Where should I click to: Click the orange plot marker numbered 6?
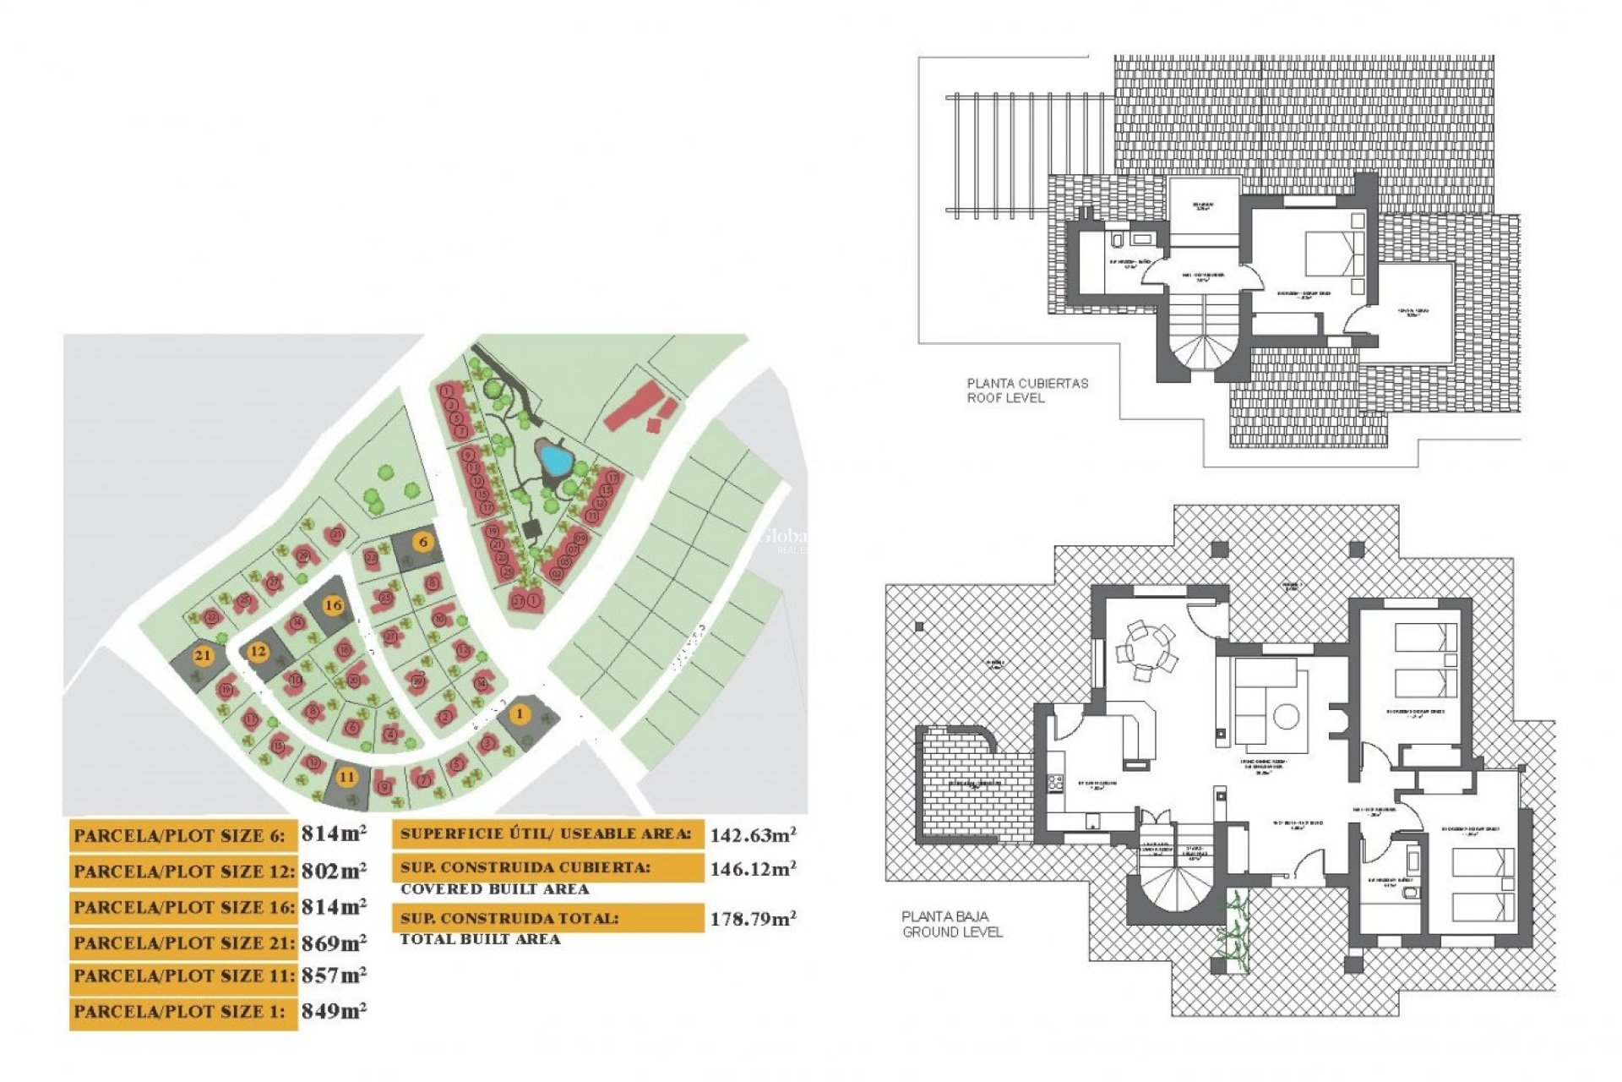(423, 542)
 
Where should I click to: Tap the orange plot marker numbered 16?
(334, 605)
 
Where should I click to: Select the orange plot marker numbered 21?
(203, 655)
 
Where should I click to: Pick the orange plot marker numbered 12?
(259, 651)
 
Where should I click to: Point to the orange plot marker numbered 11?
(347, 777)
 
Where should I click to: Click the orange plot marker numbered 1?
(520, 714)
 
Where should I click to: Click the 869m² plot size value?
(334, 943)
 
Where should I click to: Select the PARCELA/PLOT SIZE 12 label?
(183, 872)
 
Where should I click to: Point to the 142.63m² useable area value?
(753, 835)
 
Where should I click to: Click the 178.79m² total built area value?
(753, 919)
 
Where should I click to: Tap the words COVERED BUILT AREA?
(494, 889)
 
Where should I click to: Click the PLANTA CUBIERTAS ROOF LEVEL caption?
(1026, 391)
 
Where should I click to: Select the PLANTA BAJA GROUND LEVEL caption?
(951, 924)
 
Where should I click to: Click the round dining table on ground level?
(1146, 651)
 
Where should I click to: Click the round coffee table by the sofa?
(1286, 717)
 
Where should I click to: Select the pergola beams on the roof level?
(1026, 156)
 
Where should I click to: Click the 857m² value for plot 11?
(334, 975)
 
